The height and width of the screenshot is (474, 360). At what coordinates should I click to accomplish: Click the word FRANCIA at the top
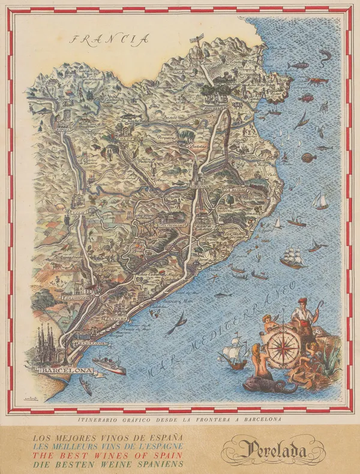(109, 40)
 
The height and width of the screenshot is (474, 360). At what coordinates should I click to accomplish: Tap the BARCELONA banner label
(66, 371)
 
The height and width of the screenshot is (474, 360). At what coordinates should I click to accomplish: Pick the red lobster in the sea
(316, 79)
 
